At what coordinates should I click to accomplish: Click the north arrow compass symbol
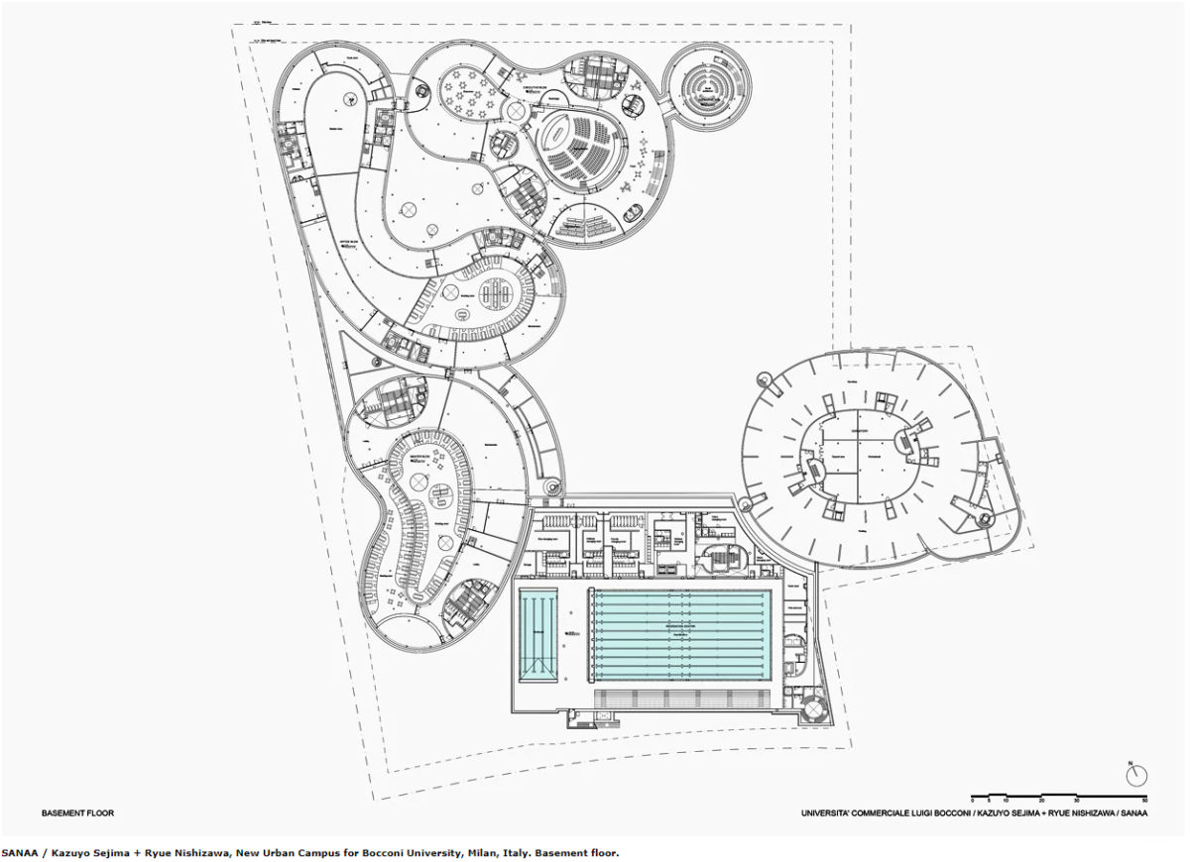1136,775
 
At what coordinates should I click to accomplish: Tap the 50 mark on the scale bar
1145,800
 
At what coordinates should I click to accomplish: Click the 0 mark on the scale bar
973,800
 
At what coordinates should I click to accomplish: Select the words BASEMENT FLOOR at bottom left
77,813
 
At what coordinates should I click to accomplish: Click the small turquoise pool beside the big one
538,635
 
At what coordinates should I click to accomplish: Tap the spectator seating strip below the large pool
682,699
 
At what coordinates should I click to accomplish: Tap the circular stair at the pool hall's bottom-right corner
815,708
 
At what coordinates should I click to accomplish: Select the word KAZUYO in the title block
991,813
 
